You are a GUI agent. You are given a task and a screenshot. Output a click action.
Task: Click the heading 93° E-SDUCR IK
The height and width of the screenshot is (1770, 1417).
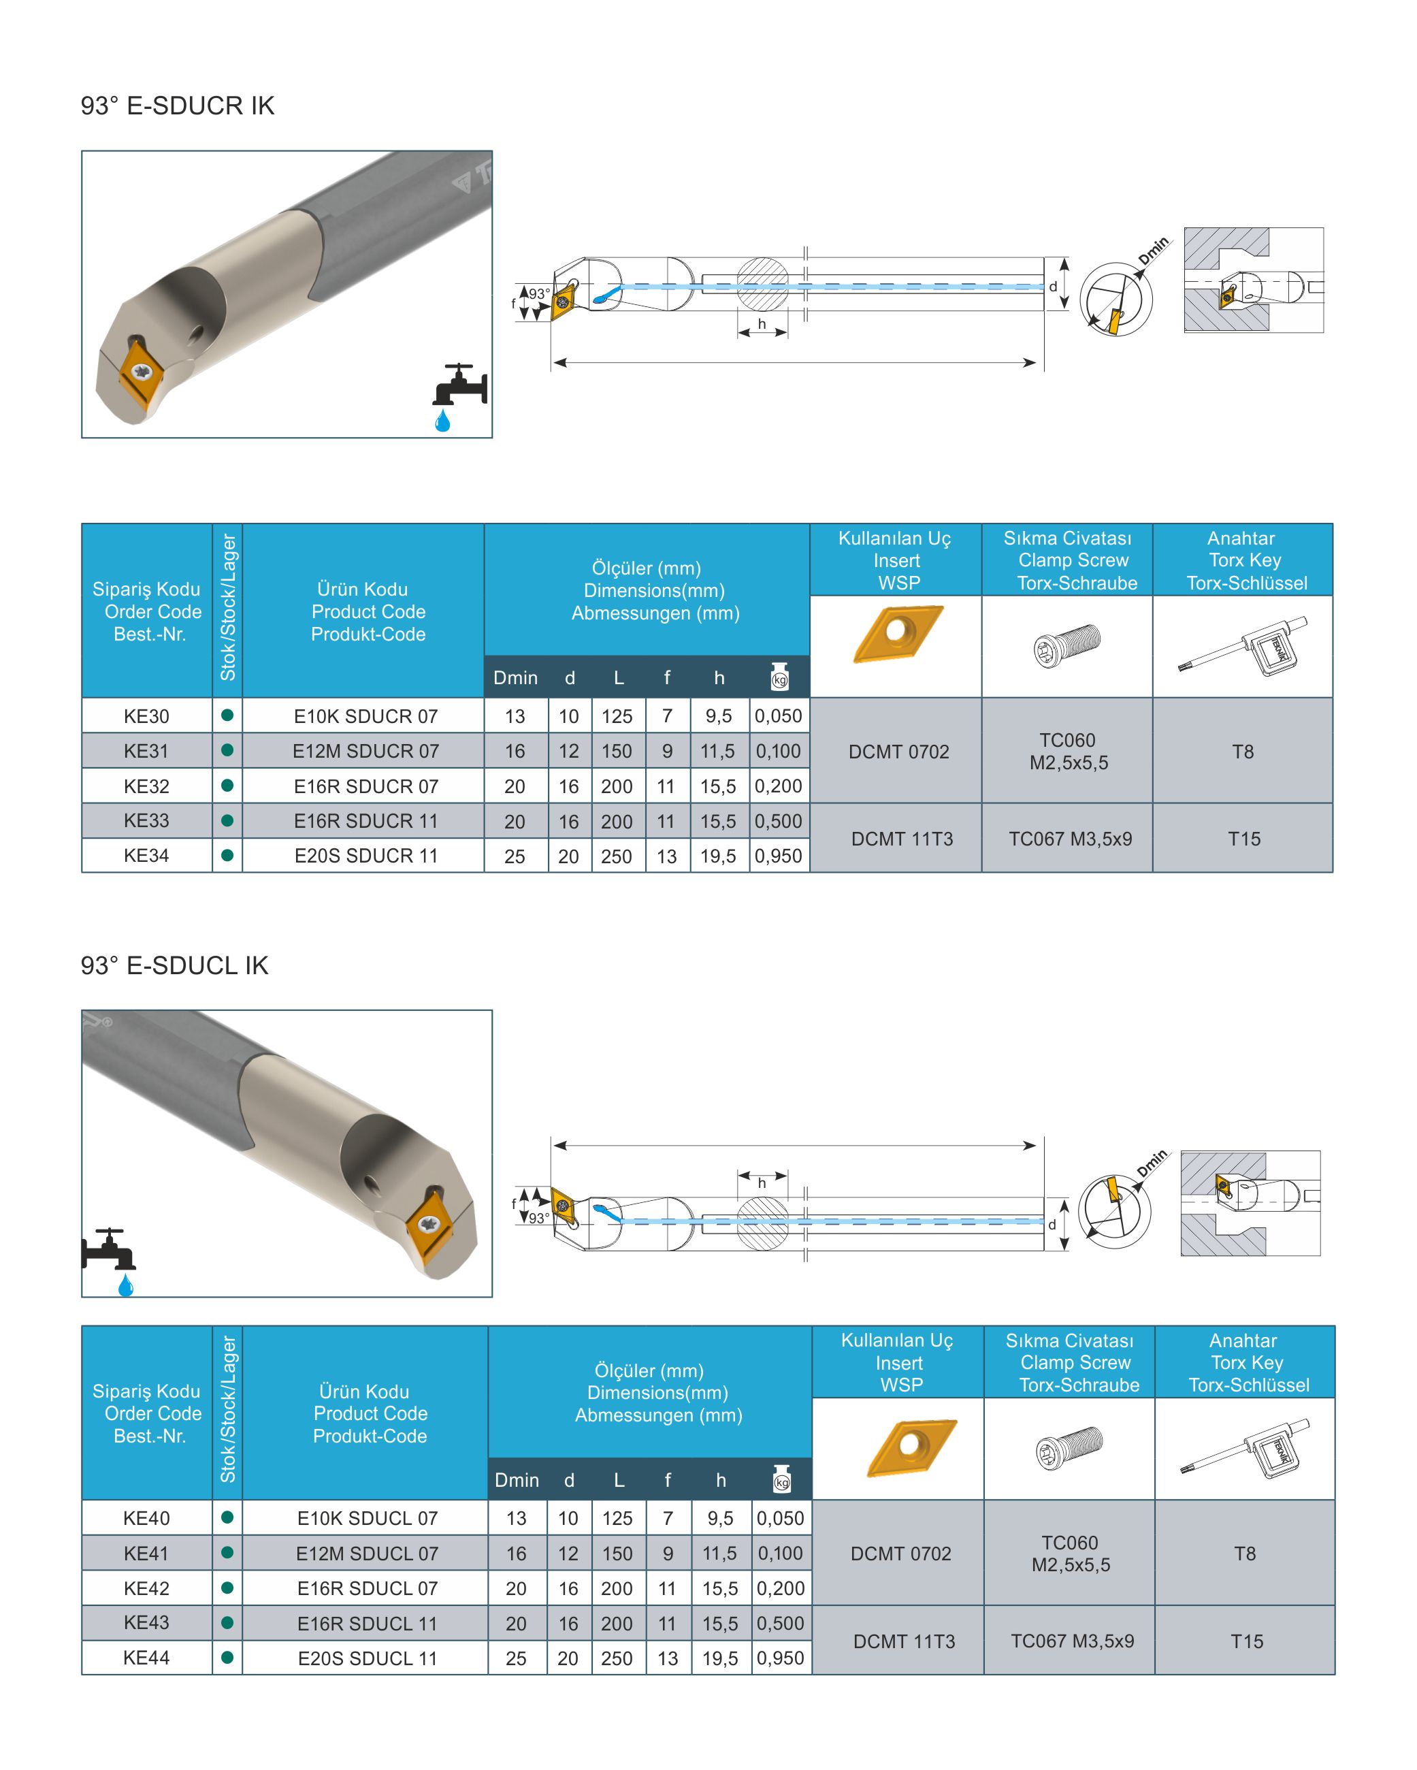coord(178,106)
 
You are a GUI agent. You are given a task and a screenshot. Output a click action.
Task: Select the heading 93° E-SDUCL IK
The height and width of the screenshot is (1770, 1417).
coord(174,965)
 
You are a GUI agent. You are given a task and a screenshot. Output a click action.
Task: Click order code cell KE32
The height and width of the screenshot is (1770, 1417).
coord(146,786)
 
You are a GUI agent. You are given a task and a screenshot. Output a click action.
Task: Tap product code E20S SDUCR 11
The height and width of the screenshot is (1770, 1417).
coord(366,856)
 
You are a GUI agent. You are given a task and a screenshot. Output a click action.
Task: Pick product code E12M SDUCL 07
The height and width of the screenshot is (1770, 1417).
coord(367,1554)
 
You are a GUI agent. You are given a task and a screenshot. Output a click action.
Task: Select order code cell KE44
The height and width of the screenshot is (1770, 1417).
coord(146,1658)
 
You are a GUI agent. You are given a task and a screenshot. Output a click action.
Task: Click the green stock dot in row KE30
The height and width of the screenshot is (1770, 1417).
coord(227,715)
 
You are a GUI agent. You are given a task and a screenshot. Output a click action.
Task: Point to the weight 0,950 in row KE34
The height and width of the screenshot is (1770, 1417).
coord(779,856)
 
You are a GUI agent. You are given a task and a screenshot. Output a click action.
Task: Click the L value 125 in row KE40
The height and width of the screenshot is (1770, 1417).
coord(617,1518)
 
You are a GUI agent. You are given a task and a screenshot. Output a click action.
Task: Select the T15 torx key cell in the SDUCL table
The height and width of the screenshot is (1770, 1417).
coord(1246,1641)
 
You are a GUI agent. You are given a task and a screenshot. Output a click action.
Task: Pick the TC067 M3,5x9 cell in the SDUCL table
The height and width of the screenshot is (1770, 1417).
coord(1072,1641)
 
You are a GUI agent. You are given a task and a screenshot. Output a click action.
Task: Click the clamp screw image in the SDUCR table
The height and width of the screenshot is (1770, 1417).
coord(1066,645)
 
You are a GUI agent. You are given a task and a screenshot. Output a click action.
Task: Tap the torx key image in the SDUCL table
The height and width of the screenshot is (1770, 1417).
coord(1245,1449)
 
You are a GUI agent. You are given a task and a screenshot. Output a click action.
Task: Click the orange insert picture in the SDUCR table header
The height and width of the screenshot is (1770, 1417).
coord(898,634)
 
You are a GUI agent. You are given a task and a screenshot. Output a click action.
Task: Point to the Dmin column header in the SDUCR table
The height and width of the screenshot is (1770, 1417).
coord(516,678)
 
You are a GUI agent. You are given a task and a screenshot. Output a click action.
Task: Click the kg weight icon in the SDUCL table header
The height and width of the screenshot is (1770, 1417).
coord(781,1479)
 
